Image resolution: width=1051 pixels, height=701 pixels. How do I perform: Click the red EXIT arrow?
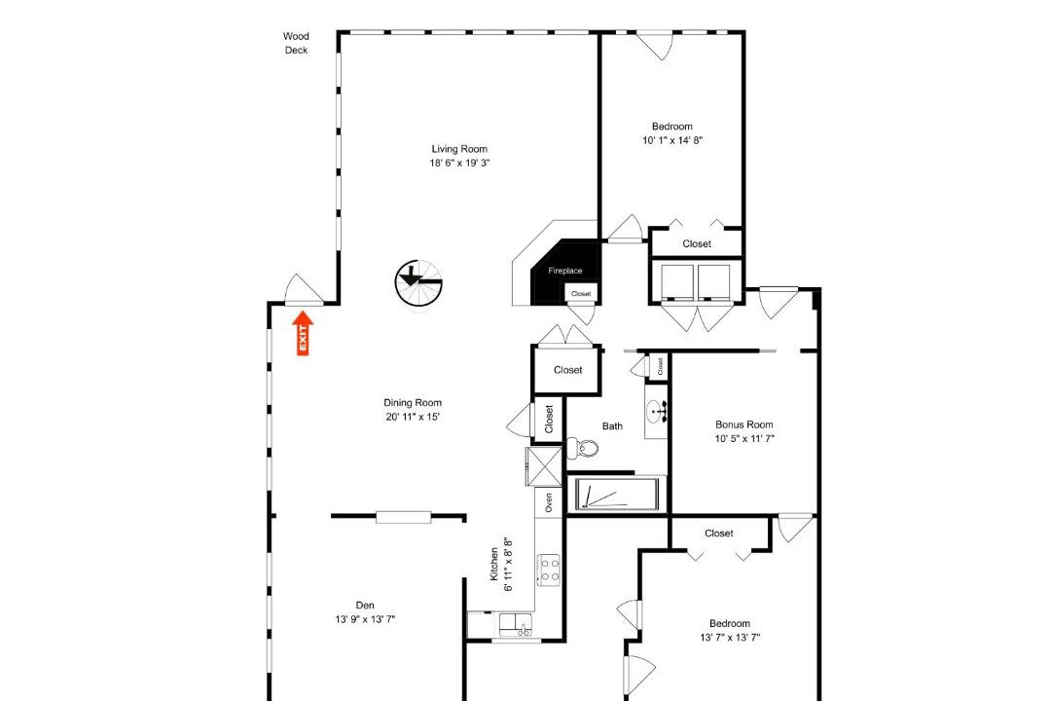(303, 333)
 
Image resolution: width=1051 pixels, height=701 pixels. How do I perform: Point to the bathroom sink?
(656, 409)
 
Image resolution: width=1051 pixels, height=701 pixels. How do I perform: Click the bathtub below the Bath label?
(617, 495)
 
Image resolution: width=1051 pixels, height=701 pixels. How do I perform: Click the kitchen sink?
(516, 625)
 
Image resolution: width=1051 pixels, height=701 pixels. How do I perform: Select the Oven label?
(549, 502)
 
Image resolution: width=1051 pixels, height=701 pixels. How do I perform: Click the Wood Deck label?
(296, 43)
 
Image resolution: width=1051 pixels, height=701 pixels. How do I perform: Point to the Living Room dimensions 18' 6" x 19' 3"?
(459, 163)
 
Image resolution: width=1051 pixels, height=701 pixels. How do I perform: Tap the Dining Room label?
(413, 402)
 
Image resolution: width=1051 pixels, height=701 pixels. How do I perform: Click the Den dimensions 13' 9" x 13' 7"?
(365, 619)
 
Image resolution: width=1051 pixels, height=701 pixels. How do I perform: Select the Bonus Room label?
(744, 424)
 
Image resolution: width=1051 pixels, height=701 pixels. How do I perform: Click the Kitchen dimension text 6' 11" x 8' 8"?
(509, 564)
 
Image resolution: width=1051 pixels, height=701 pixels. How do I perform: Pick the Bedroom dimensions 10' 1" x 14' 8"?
(672, 140)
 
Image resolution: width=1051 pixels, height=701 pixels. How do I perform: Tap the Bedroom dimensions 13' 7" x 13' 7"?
(730, 638)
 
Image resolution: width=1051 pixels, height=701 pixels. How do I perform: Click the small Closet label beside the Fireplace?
(581, 294)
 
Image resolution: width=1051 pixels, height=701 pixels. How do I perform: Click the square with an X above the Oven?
(544, 466)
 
